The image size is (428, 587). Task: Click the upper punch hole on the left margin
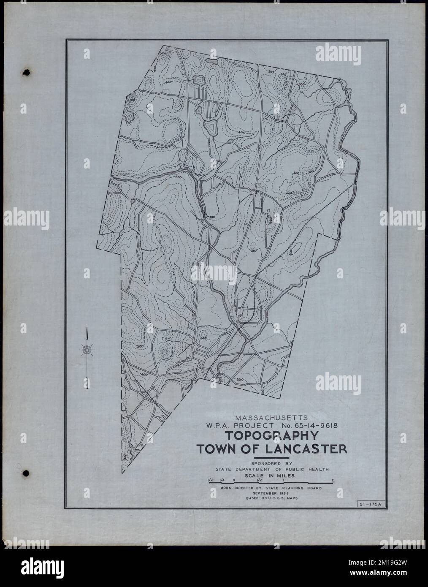coord(27,73)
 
